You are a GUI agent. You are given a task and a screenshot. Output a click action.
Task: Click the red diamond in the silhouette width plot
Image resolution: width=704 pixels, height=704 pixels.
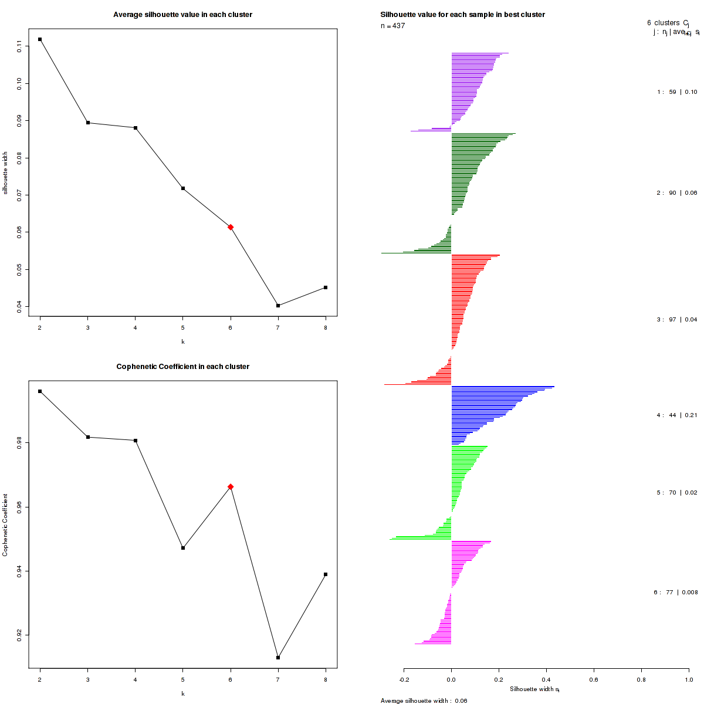coord(231,227)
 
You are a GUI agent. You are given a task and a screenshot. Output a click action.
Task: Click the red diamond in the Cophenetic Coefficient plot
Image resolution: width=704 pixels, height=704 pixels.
coord(231,486)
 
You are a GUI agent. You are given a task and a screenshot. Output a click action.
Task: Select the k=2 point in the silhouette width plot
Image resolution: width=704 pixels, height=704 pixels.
coord(40,39)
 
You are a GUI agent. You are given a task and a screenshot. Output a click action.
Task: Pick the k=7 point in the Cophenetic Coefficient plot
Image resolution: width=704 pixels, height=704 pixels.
coord(278,658)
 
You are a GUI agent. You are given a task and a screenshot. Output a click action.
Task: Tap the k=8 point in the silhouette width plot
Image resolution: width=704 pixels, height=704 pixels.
coord(326,287)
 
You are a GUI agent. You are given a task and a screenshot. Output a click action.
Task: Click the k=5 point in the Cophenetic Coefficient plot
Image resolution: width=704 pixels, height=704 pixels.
coord(183,548)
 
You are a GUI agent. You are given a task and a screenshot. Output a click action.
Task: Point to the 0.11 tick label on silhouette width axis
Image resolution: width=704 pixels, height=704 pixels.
coord(19,47)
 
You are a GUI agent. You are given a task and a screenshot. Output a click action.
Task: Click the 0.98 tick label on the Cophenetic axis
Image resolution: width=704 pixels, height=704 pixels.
coord(19,444)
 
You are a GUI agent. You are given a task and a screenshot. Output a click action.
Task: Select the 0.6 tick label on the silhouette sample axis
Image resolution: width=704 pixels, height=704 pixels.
coord(594,679)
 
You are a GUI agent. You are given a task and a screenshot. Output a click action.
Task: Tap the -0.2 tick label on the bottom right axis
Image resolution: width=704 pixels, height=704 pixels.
coord(404,679)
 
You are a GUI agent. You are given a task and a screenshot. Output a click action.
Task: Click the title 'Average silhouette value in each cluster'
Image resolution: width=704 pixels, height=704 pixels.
coord(182,15)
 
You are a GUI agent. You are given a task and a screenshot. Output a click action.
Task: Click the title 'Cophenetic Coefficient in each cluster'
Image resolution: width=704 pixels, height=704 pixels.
coord(182,367)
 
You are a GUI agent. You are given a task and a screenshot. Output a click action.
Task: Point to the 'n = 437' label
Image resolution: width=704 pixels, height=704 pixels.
coord(392,26)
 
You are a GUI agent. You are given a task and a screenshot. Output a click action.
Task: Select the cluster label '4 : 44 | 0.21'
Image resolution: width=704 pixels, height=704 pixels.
coord(676,415)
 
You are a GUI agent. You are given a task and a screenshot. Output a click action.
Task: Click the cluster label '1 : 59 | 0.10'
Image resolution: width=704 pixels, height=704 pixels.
coord(677,92)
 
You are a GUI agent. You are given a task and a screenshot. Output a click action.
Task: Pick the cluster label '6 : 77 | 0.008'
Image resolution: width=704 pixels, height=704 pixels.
coord(676,593)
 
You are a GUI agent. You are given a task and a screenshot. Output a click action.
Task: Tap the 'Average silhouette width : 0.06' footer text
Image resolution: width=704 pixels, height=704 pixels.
coord(424,700)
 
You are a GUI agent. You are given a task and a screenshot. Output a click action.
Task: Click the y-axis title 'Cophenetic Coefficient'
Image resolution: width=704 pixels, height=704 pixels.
coord(5,525)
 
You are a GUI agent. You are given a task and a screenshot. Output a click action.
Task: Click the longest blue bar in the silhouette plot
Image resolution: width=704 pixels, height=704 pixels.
coord(502,387)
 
